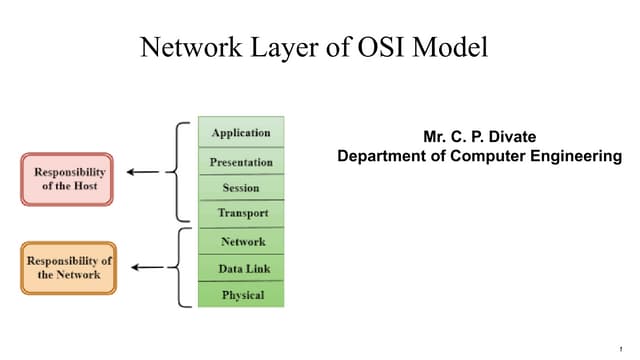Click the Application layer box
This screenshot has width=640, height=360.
[241, 133]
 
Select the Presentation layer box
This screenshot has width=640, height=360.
[241, 161]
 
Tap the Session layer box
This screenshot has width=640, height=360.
[241, 188]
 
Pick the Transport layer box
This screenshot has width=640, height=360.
[241, 214]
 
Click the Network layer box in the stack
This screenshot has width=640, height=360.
[241, 242]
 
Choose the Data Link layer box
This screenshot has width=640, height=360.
[241, 269]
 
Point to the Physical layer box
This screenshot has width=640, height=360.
[241, 295]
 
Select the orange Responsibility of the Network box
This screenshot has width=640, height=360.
[69, 267]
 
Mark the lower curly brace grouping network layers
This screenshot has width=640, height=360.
[179, 267]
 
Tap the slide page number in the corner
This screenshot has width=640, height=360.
[621, 348]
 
